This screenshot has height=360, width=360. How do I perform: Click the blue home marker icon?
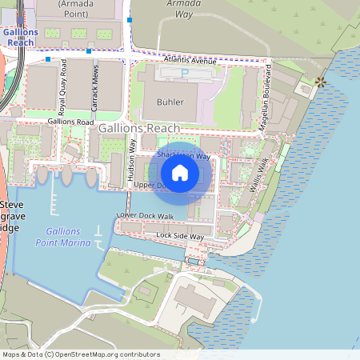pos(180,173)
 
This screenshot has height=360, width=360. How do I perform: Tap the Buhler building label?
pos(170,102)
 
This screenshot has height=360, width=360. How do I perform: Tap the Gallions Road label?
pos(71,122)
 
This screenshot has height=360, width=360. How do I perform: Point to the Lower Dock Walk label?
pos(145,216)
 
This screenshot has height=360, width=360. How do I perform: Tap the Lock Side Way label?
pos(180,237)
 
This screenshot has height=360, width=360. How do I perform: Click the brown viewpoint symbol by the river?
pos(321,82)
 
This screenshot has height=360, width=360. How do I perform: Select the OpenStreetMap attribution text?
pos(81,354)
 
